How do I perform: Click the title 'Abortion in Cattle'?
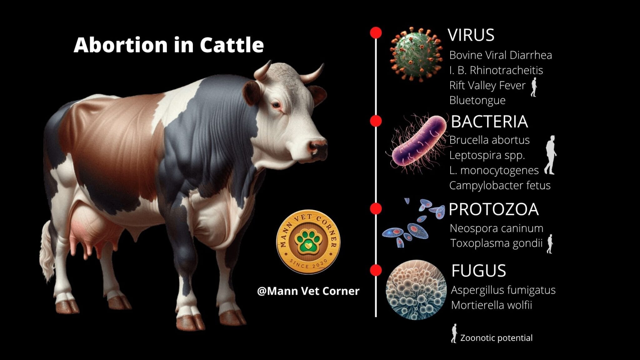pos(169,45)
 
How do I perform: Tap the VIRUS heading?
pos(471,35)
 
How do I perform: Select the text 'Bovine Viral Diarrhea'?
pos(500,55)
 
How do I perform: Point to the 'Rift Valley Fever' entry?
pos(487,85)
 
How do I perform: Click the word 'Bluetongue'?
pos(477,100)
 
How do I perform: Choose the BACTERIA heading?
pos(489,122)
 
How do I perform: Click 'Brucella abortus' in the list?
pos(489,140)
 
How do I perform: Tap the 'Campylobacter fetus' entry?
pos(500,185)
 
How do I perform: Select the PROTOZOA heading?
pos(493,209)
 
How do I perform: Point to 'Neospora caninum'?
pos(496,228)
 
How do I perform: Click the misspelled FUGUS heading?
pos(478,271)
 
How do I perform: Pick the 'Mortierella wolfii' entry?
pos(491,305)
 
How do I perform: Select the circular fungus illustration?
pos(416,290)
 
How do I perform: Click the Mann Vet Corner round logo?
pos(308,242)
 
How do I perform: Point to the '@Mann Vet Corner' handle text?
pos(308,291)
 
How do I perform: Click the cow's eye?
pos(276,105)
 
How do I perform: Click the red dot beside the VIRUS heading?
pos(376,33)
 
